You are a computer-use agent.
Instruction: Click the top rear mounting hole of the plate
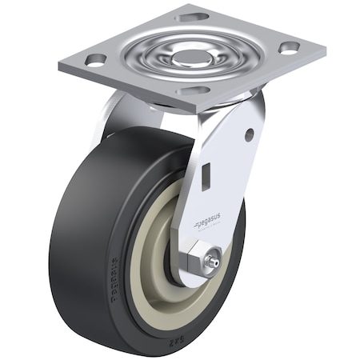194,16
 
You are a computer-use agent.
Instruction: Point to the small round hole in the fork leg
249,134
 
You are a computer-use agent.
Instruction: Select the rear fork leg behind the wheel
108,120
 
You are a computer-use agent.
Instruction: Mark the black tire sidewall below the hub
160,320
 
